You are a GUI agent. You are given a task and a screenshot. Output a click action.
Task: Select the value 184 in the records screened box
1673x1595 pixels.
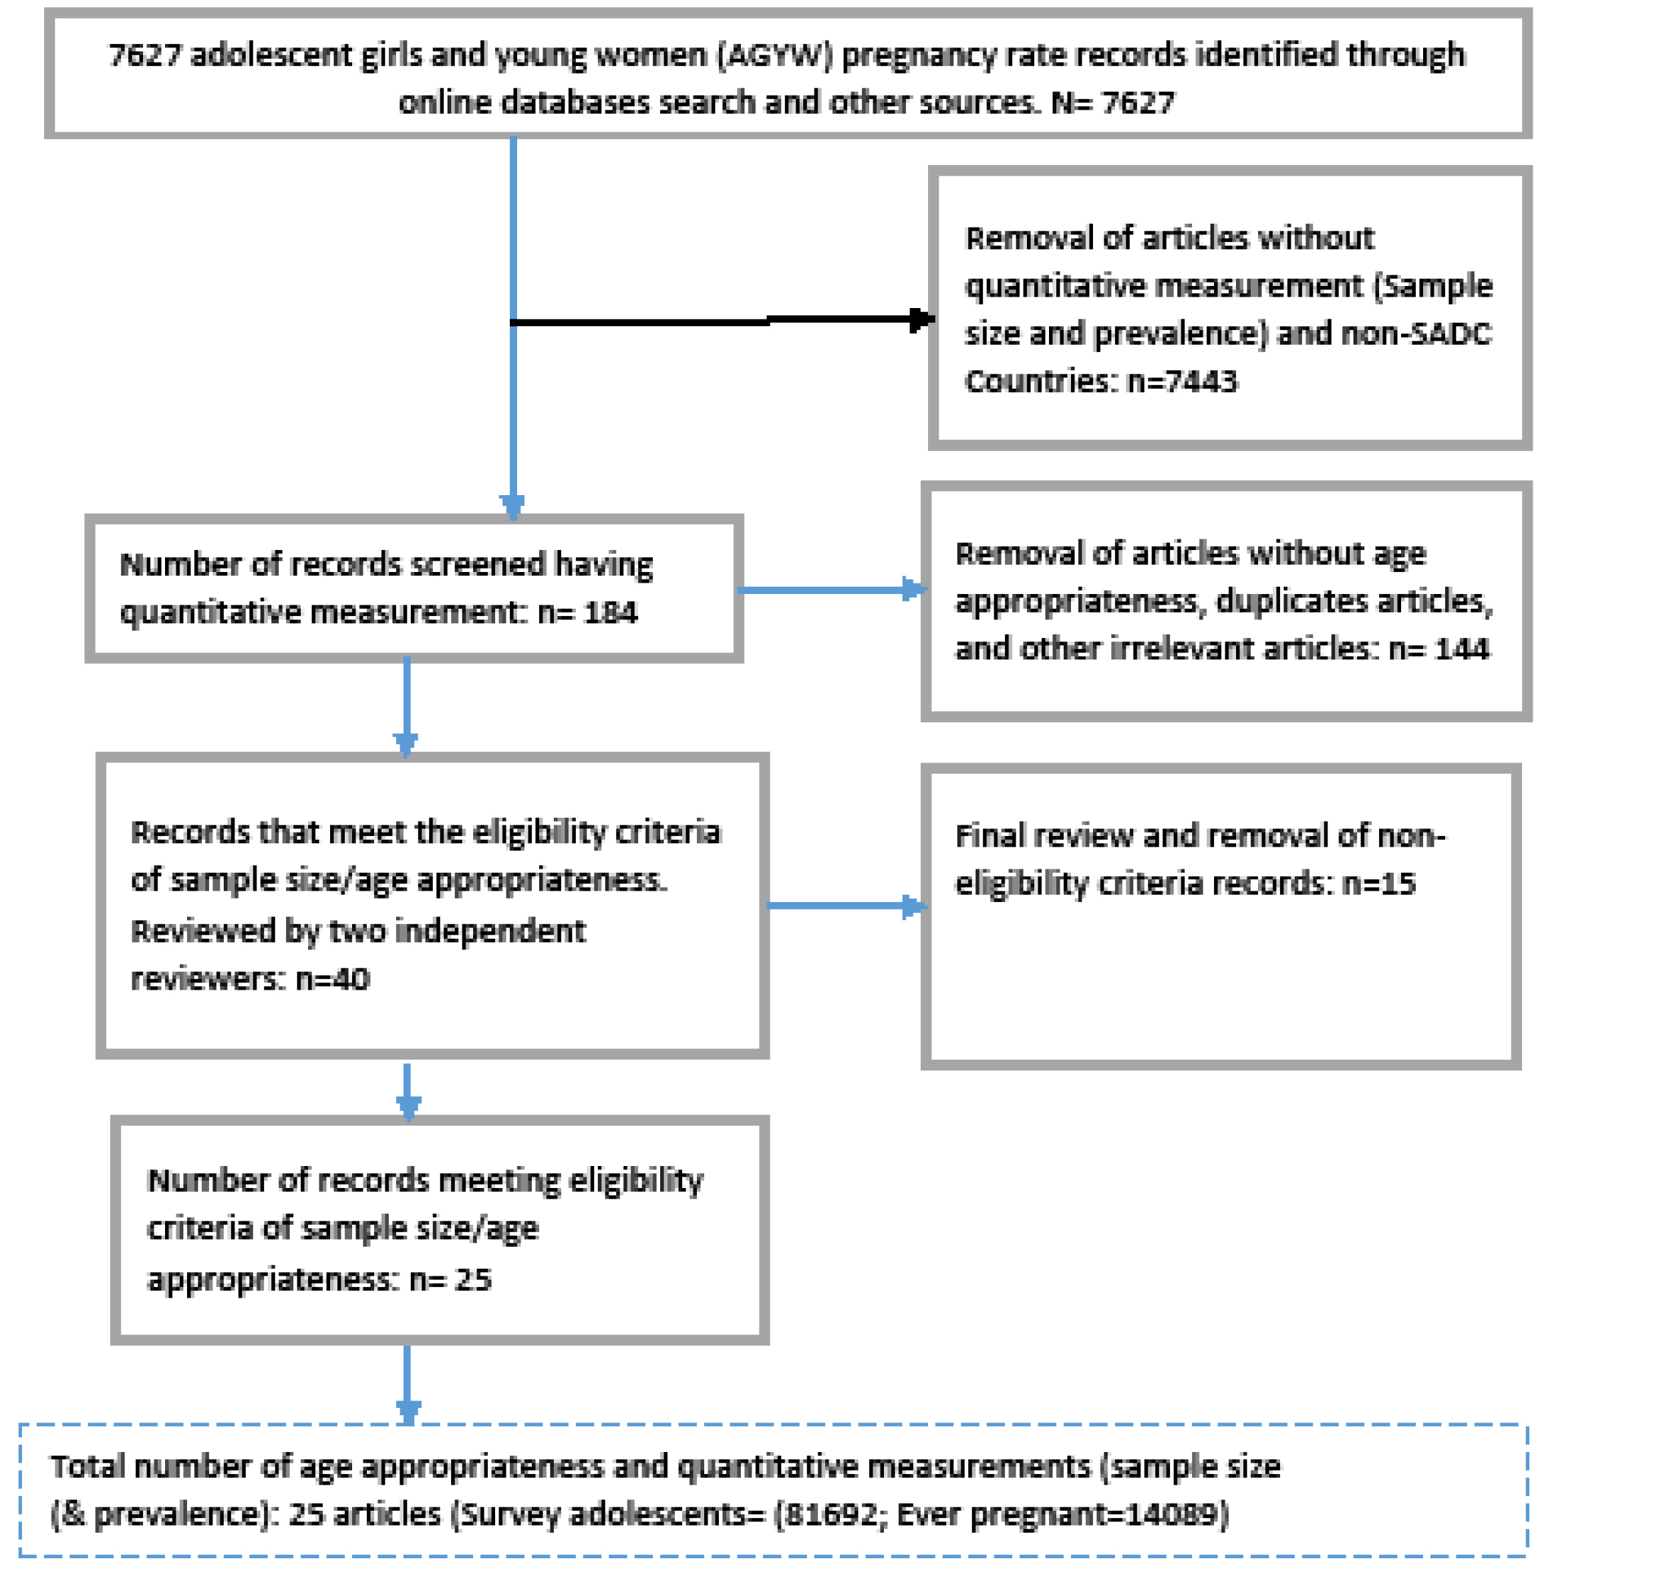611,612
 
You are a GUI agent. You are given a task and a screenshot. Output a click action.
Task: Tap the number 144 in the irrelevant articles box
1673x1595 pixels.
1462,649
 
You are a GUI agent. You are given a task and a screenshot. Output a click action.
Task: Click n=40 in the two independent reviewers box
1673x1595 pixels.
332,980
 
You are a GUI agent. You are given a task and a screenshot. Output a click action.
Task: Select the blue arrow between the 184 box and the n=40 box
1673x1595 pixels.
407,705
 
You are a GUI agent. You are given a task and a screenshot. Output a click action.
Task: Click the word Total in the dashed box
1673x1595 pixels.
88,1467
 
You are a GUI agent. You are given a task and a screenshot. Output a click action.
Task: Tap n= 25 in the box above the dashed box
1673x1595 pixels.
450,1280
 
